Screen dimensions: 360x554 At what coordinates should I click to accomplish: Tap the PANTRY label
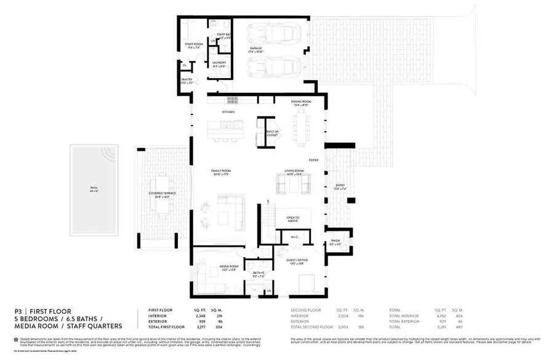(x=187, y=81)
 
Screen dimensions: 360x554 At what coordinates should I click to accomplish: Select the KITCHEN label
(x=228, y=112)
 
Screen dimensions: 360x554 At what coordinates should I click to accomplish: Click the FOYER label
(x=313, y=160)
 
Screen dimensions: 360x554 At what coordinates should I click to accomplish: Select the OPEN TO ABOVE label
(x=293, y=219)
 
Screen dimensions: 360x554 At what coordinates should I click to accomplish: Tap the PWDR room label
(x=335, y=242)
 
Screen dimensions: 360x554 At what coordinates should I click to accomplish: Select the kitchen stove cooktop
(x=233, y=99)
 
